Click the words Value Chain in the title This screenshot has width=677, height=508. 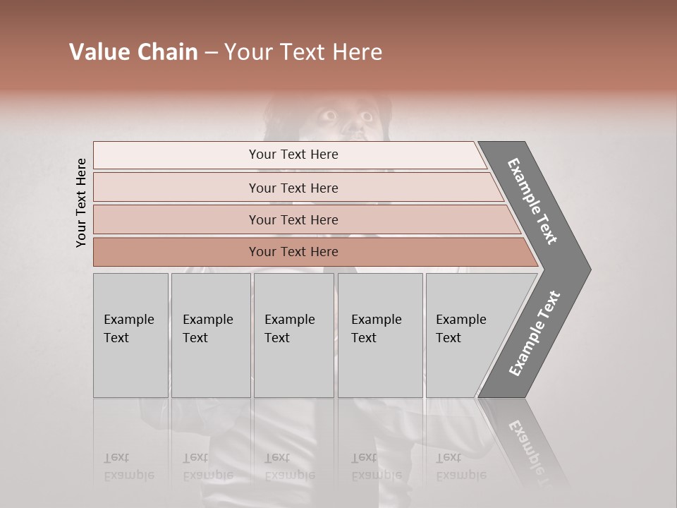pyautogui.click(x=133, y=52)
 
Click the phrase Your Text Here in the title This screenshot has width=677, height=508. pyautogui.click(x=303, y=52)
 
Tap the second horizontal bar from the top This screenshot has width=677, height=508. pyautogui.click(x=293, y=188)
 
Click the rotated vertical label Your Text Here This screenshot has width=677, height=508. pyautogui.click(x=81, y=202)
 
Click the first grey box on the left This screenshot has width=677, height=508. pyautogui.click(x=130, y=335)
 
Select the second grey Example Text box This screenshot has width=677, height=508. pyautogui.click(x=211, y=335)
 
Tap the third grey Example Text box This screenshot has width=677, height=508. pyautogui.click(x=293, y=335)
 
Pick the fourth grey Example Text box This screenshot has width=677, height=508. pyautogui.click(x=380, y=335)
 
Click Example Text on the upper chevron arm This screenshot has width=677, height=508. pyautogui.click(x=532, y=201)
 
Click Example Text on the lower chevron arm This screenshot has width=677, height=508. pyautogui.click(x=535, y=334)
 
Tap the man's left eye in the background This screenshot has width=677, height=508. pyautogui.click(x=329, y=114)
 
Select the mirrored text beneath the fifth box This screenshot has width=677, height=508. pyautogui.click(x=461, y=466)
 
